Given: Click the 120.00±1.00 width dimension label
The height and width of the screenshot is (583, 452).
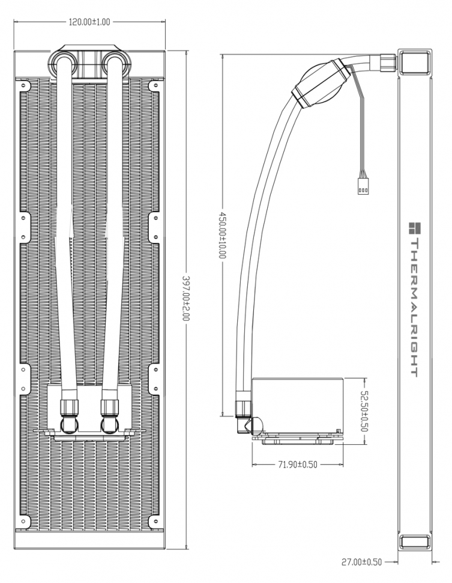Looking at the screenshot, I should tap(89, 22).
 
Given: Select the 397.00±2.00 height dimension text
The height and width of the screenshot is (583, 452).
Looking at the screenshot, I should tap(185, 299).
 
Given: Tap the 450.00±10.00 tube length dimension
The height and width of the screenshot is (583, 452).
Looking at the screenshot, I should tap(223, 234).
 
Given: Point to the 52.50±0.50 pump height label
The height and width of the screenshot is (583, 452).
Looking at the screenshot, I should tap(364, 411).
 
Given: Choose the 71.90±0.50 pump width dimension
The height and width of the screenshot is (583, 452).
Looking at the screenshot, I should tap(297, 465).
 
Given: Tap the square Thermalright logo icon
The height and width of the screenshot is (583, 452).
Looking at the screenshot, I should tap(414, 228).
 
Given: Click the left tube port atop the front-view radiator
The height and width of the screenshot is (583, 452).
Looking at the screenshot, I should tap(62, 64).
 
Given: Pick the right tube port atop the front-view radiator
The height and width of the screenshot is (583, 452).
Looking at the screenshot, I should tap(114, 64).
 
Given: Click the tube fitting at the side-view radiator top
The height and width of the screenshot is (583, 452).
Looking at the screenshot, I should tap(388, 61).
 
